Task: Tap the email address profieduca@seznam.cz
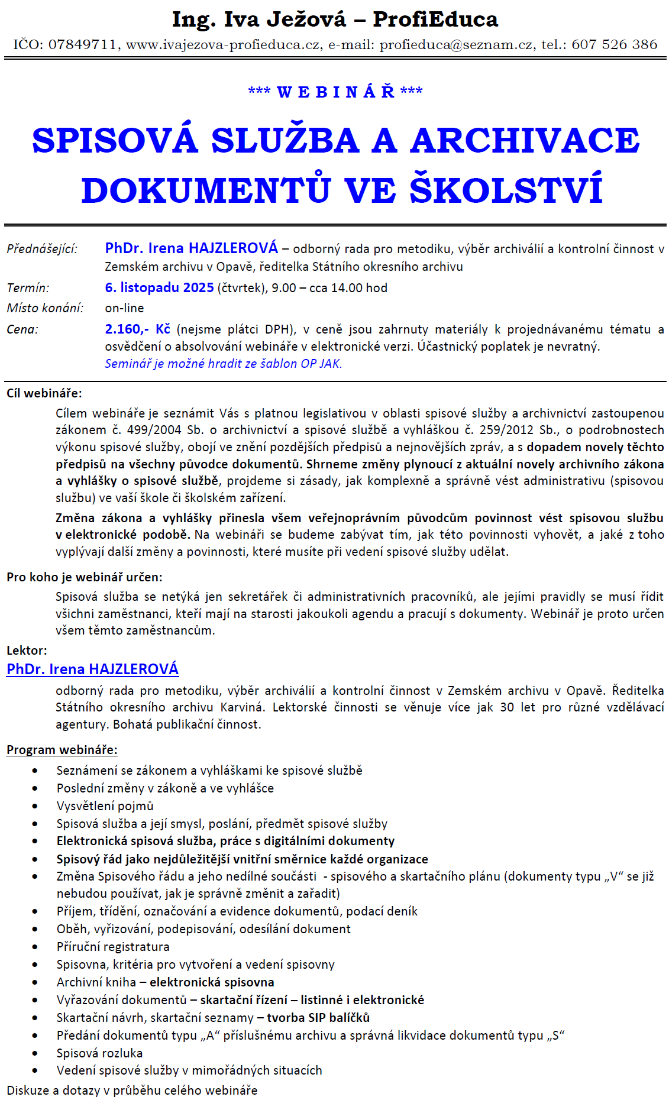tap(456, 44)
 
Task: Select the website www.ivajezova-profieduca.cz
tap(224, 44)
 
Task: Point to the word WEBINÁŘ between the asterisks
tap(335, 92)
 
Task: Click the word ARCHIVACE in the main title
tap(525, 141)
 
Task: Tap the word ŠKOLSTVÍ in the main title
tap(506, 190)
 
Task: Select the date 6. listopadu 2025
tap(159, 288)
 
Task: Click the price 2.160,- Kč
tap(137, 329)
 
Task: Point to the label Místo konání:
tap(45, 308)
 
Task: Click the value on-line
tap(124, 308)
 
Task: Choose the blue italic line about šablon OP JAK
tap(224, 364)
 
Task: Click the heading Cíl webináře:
tap(44, 393)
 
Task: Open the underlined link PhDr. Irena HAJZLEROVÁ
tap(92, 669)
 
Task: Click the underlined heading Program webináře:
tap(62, 750)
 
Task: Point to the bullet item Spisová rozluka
tap(99, 1053)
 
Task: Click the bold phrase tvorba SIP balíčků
tap(318, 1018)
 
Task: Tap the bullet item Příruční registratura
tap(113, 947)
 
